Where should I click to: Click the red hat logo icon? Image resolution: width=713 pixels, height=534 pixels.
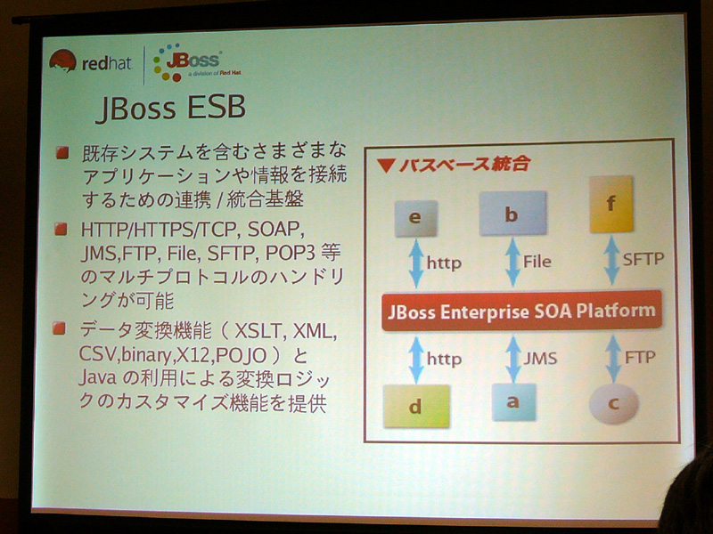pos(62,61)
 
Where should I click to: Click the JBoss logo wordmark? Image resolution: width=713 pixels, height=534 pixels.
pos(193,60)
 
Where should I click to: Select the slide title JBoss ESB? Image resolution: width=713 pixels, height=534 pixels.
pos(171,108)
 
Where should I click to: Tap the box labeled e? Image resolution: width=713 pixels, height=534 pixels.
pos(415,218)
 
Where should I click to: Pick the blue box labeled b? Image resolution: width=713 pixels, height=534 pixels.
pos(512,213)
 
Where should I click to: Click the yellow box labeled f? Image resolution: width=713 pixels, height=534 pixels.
pos(611,204)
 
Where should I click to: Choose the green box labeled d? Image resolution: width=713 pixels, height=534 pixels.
pos(416,406)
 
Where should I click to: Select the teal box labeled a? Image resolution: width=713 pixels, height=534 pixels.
pos(513,402)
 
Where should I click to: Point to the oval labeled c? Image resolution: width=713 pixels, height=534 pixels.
pos(614,404)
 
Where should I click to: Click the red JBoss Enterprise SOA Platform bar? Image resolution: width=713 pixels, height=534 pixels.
pos(521,311)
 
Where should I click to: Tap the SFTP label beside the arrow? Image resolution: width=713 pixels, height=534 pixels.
pos(643,259)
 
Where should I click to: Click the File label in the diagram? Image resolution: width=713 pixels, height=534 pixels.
pos(537,261)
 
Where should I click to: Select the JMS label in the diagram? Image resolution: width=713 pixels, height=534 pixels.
pos(540,359)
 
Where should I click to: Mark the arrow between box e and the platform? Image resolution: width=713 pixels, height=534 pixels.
pos(416,263)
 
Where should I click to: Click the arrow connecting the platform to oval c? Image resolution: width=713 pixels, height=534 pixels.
pos(613,359)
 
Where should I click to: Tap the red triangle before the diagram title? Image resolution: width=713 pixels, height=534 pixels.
pos(386,166)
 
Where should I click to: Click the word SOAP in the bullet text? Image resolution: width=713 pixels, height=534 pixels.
pos(275,230)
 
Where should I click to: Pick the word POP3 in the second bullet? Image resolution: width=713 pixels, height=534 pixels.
pos(291,253)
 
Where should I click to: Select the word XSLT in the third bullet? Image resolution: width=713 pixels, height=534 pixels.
pos(260,331)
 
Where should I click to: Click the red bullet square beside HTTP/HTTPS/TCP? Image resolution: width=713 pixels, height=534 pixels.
pos(61,230)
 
